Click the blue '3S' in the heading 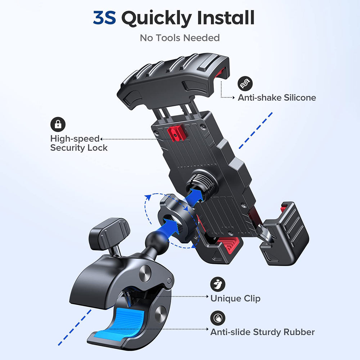pos(104,18)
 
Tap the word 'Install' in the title pos(226,17)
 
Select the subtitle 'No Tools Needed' pos(180,38)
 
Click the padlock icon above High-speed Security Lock pos(58,125)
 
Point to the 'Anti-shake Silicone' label pos(277,98)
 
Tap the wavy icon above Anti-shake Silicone pos(245,84)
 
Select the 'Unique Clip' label pos(235,298)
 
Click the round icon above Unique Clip pos(218,284)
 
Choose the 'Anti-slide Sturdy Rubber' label pos(262,332)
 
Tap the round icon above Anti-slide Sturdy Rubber pos(218,318)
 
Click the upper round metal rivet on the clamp pos(145,274)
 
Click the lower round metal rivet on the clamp pos(161,314)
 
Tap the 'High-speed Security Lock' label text pos(79,143)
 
